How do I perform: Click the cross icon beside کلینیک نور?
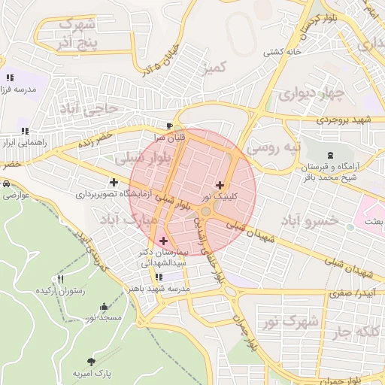point(220,185)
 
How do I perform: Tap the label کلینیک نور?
point(217,196)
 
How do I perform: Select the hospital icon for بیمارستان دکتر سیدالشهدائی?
point(163,241)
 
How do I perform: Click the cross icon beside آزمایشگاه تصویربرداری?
point(114,182)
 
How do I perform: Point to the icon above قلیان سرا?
point(170,126)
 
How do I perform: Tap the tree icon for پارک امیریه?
point(92,362)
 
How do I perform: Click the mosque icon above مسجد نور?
point(104,307)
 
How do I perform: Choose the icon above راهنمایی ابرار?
point(26,130)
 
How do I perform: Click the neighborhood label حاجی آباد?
point(93,110)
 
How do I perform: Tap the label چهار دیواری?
point(311,95)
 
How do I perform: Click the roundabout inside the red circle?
point(205,213)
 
